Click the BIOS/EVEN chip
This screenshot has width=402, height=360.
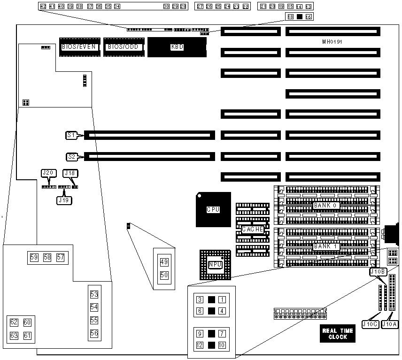coord(78,46)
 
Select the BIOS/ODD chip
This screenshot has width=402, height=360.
coord(123,46)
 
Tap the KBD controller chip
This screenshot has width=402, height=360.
coord(177,47)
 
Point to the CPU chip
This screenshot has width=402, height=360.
coord(213,209)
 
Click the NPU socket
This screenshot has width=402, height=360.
coord(215,265)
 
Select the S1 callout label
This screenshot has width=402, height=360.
coord(71,135)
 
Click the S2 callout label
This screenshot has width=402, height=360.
coord(71,156)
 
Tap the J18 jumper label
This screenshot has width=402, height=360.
coord(70,173)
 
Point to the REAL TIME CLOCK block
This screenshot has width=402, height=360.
coord(338,334)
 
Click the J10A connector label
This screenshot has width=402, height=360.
coord(390,323)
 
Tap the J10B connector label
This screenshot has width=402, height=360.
coord(378,272)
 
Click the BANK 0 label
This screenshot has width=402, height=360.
coord(326,206)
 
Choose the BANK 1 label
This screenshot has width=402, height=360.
coord(326,246)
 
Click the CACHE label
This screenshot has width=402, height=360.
coord(252,229)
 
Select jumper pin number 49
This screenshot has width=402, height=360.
coord(164,262)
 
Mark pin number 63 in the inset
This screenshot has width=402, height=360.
coord(14,336)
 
